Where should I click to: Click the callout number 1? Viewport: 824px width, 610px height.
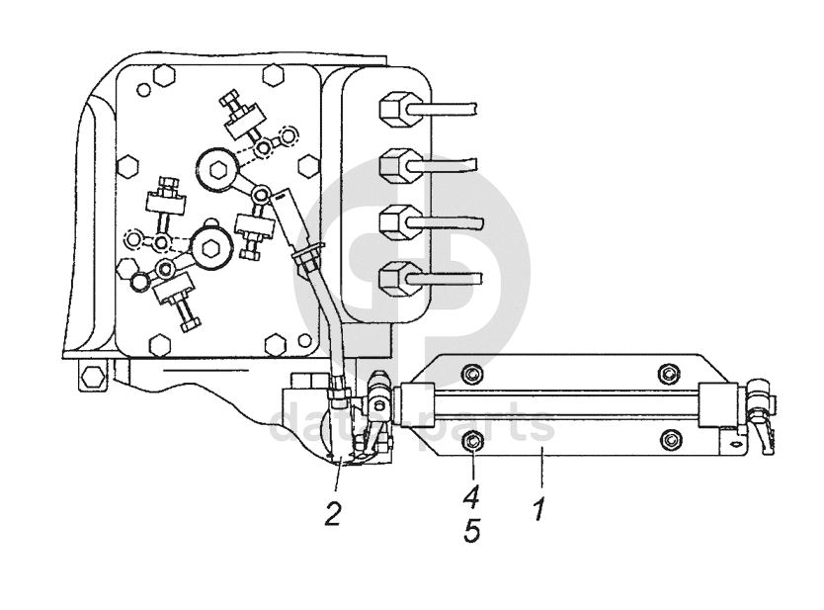click(x=538, y=508)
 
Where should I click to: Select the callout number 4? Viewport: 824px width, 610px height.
click(x=471, y=497)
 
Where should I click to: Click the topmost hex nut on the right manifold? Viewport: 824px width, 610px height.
click(x=393, y=110)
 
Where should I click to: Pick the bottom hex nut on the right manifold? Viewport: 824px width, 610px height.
click(x=393, y=278)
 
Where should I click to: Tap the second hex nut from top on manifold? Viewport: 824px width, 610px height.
click(x=393, y=165)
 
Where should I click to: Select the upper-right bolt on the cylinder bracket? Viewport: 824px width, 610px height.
click(x=667, y=374)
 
